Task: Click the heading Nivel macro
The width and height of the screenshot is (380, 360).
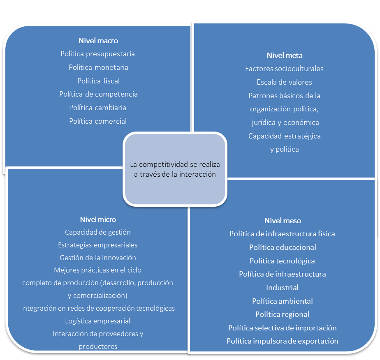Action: [x=98, y=41]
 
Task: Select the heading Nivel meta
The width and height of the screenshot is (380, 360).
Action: [x=285, y=55]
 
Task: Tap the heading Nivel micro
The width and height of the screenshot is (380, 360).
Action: [x=98, y=219]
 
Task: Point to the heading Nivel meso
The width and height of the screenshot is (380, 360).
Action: [x=283, y=221]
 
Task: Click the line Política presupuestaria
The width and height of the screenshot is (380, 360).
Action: [x=98, y=54]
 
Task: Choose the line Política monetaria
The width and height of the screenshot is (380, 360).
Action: [x=98, y=67]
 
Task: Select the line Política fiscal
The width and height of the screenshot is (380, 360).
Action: [x=98, y=81]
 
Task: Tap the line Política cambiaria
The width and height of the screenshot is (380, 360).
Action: [x=98, y=108]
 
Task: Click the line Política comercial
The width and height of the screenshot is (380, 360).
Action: [x=98, y=121]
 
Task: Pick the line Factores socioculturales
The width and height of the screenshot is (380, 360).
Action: [x=284, y=69]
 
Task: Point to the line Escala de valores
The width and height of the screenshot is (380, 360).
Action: [x=284, y=82]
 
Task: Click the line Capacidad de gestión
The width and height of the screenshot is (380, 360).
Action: [x=98, y=233]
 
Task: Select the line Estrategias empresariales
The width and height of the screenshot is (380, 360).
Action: [x=98, y=245]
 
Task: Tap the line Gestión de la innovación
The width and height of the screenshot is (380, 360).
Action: [x=98, y=258]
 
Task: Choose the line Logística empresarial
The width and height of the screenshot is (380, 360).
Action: [x=98, y=321]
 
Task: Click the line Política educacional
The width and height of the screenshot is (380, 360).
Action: [x=283, y=247]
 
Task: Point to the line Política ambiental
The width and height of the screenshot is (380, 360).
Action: [x=283, y=301]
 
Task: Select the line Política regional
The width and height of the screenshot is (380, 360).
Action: [x=283, y=315]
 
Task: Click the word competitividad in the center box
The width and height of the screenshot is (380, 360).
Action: [x=162, y=164]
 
